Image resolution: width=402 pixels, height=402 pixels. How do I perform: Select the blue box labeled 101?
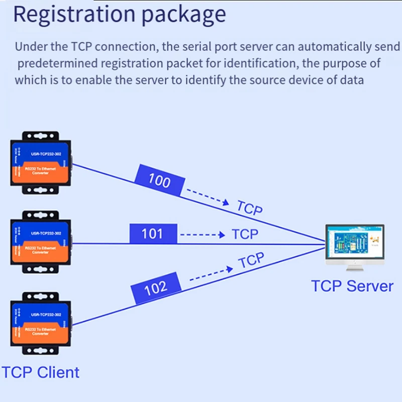click(x=153, y=234)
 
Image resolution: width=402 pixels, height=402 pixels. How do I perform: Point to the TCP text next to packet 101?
click(x=245, y=234)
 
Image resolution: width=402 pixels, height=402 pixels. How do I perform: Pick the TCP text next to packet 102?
click(x=251, y=261)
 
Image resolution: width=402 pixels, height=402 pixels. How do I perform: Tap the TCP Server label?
click(x=352, y=286)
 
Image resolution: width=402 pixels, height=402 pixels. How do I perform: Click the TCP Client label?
click(x=40, y=372)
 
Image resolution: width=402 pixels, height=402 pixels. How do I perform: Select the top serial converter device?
click(x=41, y=163)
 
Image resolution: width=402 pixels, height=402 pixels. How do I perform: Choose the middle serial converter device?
click(x=41, y=243)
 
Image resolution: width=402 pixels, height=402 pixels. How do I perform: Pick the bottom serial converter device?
click(x=41, y=325)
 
